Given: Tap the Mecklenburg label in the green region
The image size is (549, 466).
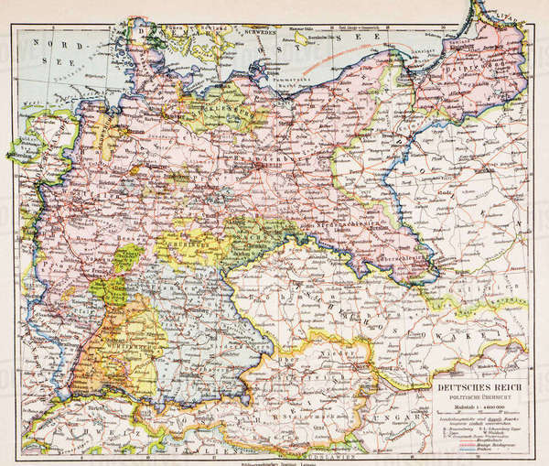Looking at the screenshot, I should [x=224, y=107].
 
